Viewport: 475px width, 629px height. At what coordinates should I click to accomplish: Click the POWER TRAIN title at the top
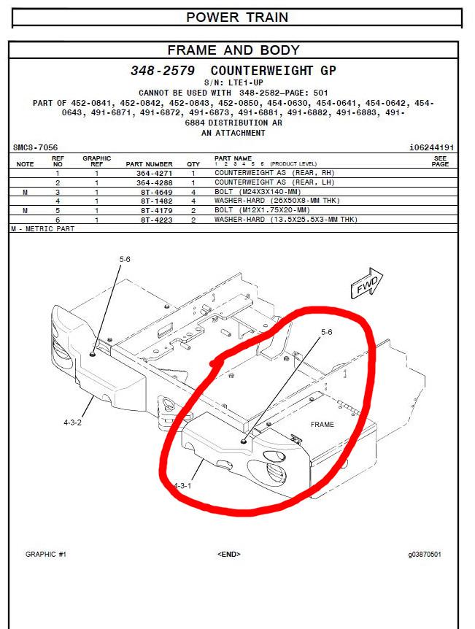pyautogui.click(x=237, y=18)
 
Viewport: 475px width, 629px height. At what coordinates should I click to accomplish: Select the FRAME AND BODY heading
pyautogui.click(x=233, y=50)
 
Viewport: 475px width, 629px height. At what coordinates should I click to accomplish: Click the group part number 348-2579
pyautogui.click(x=163, y=71)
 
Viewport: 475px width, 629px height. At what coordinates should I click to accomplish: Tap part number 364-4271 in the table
pyautogui.click(x=155, y=173)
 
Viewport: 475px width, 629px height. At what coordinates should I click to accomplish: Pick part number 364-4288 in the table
pyautogui.click(x=155, y=182)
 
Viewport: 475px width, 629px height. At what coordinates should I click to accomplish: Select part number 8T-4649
pyautogui.click(x=156, y=192)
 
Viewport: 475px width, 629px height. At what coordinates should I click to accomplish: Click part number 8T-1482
pyautogui.click(x=156, y=201)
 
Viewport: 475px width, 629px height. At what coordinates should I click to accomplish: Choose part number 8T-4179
pyautogui.click(x=156, y=211)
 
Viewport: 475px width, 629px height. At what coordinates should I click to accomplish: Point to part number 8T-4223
pyautogui.click(x=156, y=220)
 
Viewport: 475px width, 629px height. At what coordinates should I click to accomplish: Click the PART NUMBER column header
pyautogui.click(x=149, y=164)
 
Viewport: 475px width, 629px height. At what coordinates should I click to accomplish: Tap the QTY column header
pyautogui.click(x=193, y=164)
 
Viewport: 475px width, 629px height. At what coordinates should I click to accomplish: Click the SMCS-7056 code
pyautogui.click(x=35, y=147)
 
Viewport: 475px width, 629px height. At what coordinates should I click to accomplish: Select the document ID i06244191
pyautogui.click(x=432, y=147)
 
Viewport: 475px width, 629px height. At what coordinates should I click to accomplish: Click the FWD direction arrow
pyautogui.click(x=367, y=283)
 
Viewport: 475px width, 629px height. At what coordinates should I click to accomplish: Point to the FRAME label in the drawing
pyautogui.click(x=323, y=425)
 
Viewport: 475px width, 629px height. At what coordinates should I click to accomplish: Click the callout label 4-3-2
pyautogui.click(x=73, y=422)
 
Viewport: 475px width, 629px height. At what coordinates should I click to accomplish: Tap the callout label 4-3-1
pyautogui.click(x=182, y=486)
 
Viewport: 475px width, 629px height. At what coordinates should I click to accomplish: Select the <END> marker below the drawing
pyautogui.click(x=228, y=555)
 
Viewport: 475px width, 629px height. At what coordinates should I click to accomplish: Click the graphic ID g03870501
pyautogui.click(x=425, y=555)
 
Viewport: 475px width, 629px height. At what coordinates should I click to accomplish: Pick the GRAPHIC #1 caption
pyautogui.click(x=46, y=555)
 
